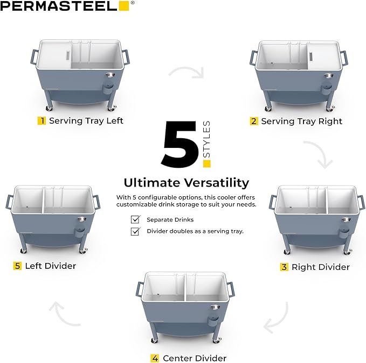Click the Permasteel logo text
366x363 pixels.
[59, 6]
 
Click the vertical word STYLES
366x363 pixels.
[207, 140]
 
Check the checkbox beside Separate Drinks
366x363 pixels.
[135, 219]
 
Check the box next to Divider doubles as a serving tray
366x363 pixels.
[135, 231]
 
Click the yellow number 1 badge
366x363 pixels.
[42, 120]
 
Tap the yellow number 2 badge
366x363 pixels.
[254, 121]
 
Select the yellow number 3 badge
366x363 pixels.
[284, 267]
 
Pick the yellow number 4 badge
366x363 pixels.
[155, 358]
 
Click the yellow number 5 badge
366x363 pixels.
[18, 266]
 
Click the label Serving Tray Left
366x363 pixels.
[86, 120]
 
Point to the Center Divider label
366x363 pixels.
[195, 358]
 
